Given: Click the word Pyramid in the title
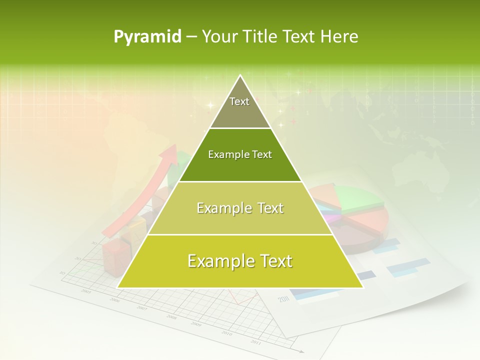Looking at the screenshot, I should point(147,37).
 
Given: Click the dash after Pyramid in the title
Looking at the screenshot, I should point(191,37).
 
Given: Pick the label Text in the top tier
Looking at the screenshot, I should point(239,101).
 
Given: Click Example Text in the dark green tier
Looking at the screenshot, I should point(240,154).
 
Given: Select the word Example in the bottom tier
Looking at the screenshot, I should point(218,261).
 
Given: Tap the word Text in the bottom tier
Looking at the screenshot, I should point(273,261).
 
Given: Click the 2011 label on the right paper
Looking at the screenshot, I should point(284,299).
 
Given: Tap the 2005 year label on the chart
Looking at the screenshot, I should point(86,291).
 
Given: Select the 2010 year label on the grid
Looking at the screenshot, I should point(226,333).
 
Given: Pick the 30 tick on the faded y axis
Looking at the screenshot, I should point(93,243).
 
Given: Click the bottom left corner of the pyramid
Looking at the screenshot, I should point(118,287).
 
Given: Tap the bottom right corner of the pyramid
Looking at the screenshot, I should point(363,287).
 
